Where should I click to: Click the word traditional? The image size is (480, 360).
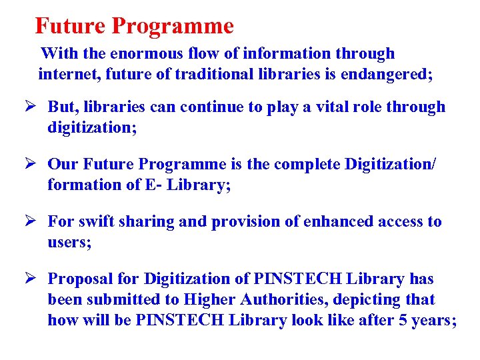pos(217,74)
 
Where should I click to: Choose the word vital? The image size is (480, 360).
pos(329,107)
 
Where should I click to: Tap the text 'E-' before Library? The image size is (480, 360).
pos(153,185)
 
